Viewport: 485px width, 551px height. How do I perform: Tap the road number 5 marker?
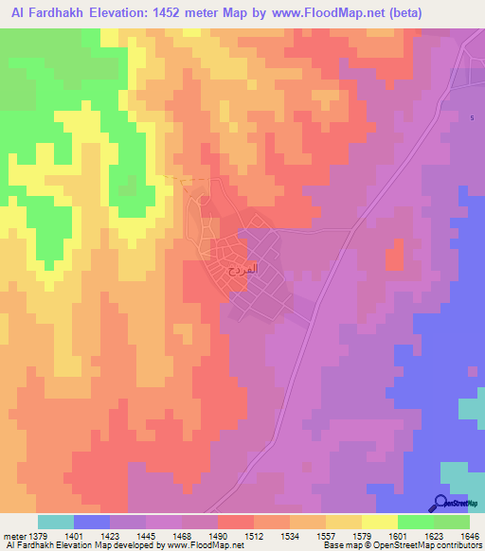(472, 117)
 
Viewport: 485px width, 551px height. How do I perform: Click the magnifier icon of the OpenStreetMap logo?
(441, 503)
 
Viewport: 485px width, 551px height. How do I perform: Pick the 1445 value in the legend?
(146, 536)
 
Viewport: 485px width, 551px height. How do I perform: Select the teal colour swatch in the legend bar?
(56, 522)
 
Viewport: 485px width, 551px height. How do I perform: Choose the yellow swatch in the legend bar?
(344, 522)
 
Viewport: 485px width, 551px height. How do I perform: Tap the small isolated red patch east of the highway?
(395, 253)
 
